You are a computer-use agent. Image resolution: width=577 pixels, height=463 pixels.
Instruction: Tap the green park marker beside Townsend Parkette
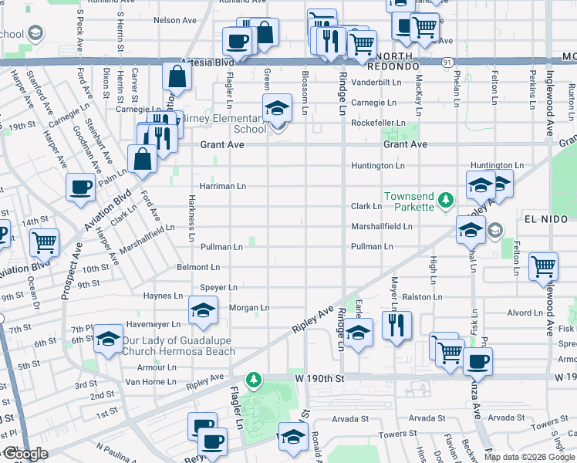tap(445, 201)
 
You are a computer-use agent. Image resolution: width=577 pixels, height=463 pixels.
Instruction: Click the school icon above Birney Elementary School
tap(277, 110)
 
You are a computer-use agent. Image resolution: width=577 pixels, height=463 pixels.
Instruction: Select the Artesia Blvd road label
tap(207, 62)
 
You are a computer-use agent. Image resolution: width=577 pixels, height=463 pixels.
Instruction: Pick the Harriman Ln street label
tap(222, 186)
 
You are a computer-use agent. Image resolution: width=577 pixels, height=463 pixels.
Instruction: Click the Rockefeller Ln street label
tap(378, 123)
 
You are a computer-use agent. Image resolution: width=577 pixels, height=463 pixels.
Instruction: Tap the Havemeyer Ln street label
tap(154, 324)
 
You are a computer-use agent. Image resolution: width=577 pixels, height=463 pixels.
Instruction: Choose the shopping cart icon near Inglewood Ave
tap(543, 267)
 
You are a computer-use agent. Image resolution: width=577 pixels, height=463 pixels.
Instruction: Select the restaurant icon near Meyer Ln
tap(396, 325)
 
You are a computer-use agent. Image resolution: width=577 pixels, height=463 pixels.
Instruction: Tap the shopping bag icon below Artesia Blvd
tap(177, 76)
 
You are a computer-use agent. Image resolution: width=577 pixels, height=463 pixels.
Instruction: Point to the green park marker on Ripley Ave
tap(252, 380)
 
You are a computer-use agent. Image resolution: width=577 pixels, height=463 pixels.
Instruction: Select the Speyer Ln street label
tap(218, 287)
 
